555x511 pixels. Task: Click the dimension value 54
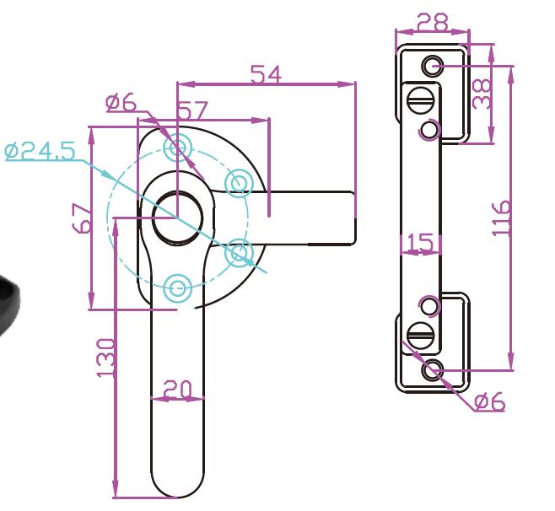pos(266,74)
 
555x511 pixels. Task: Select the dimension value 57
pos(193,110)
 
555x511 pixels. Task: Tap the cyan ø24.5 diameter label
pos(40,152)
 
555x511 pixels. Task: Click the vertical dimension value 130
pos(105,358)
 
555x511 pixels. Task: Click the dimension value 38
pos(482,95)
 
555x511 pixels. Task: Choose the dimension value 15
pos(420,243)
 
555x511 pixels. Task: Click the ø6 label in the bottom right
pos(489,402)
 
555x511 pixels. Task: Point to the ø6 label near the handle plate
pos(121,103)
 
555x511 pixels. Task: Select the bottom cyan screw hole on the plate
pos(177,288)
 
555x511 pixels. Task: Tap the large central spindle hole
pos(177,215)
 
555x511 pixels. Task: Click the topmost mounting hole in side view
pos(433,64)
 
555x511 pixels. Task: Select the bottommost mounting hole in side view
pos(433,368)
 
